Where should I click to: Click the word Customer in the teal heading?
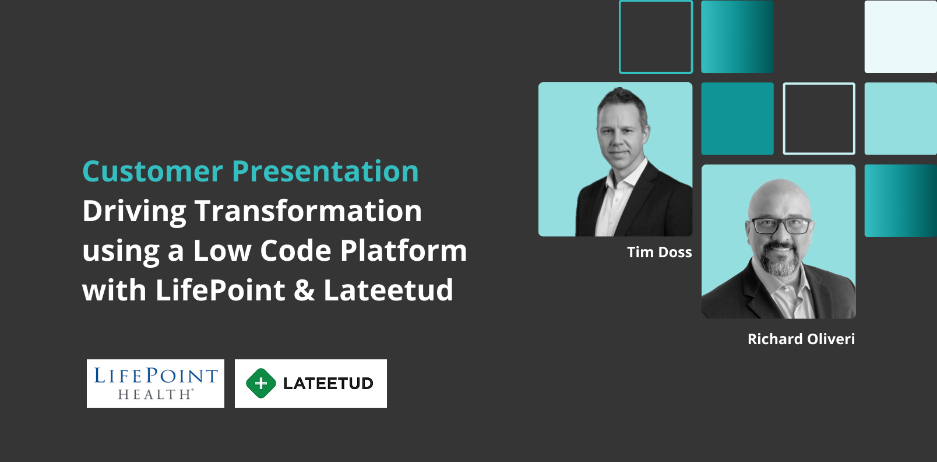click(153, 171)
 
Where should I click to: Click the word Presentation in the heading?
click(325, 172)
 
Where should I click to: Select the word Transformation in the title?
click(308, 211)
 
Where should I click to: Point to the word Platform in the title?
click(403, 250)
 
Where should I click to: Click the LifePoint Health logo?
click(155, 383)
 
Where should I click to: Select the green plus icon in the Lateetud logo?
click(261, 383)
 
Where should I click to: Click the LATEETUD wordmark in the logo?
click(328, 383)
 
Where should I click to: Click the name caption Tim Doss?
click(659, 252)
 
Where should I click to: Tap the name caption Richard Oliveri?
click(801, 339)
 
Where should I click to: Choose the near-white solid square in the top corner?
click(901, 36)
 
